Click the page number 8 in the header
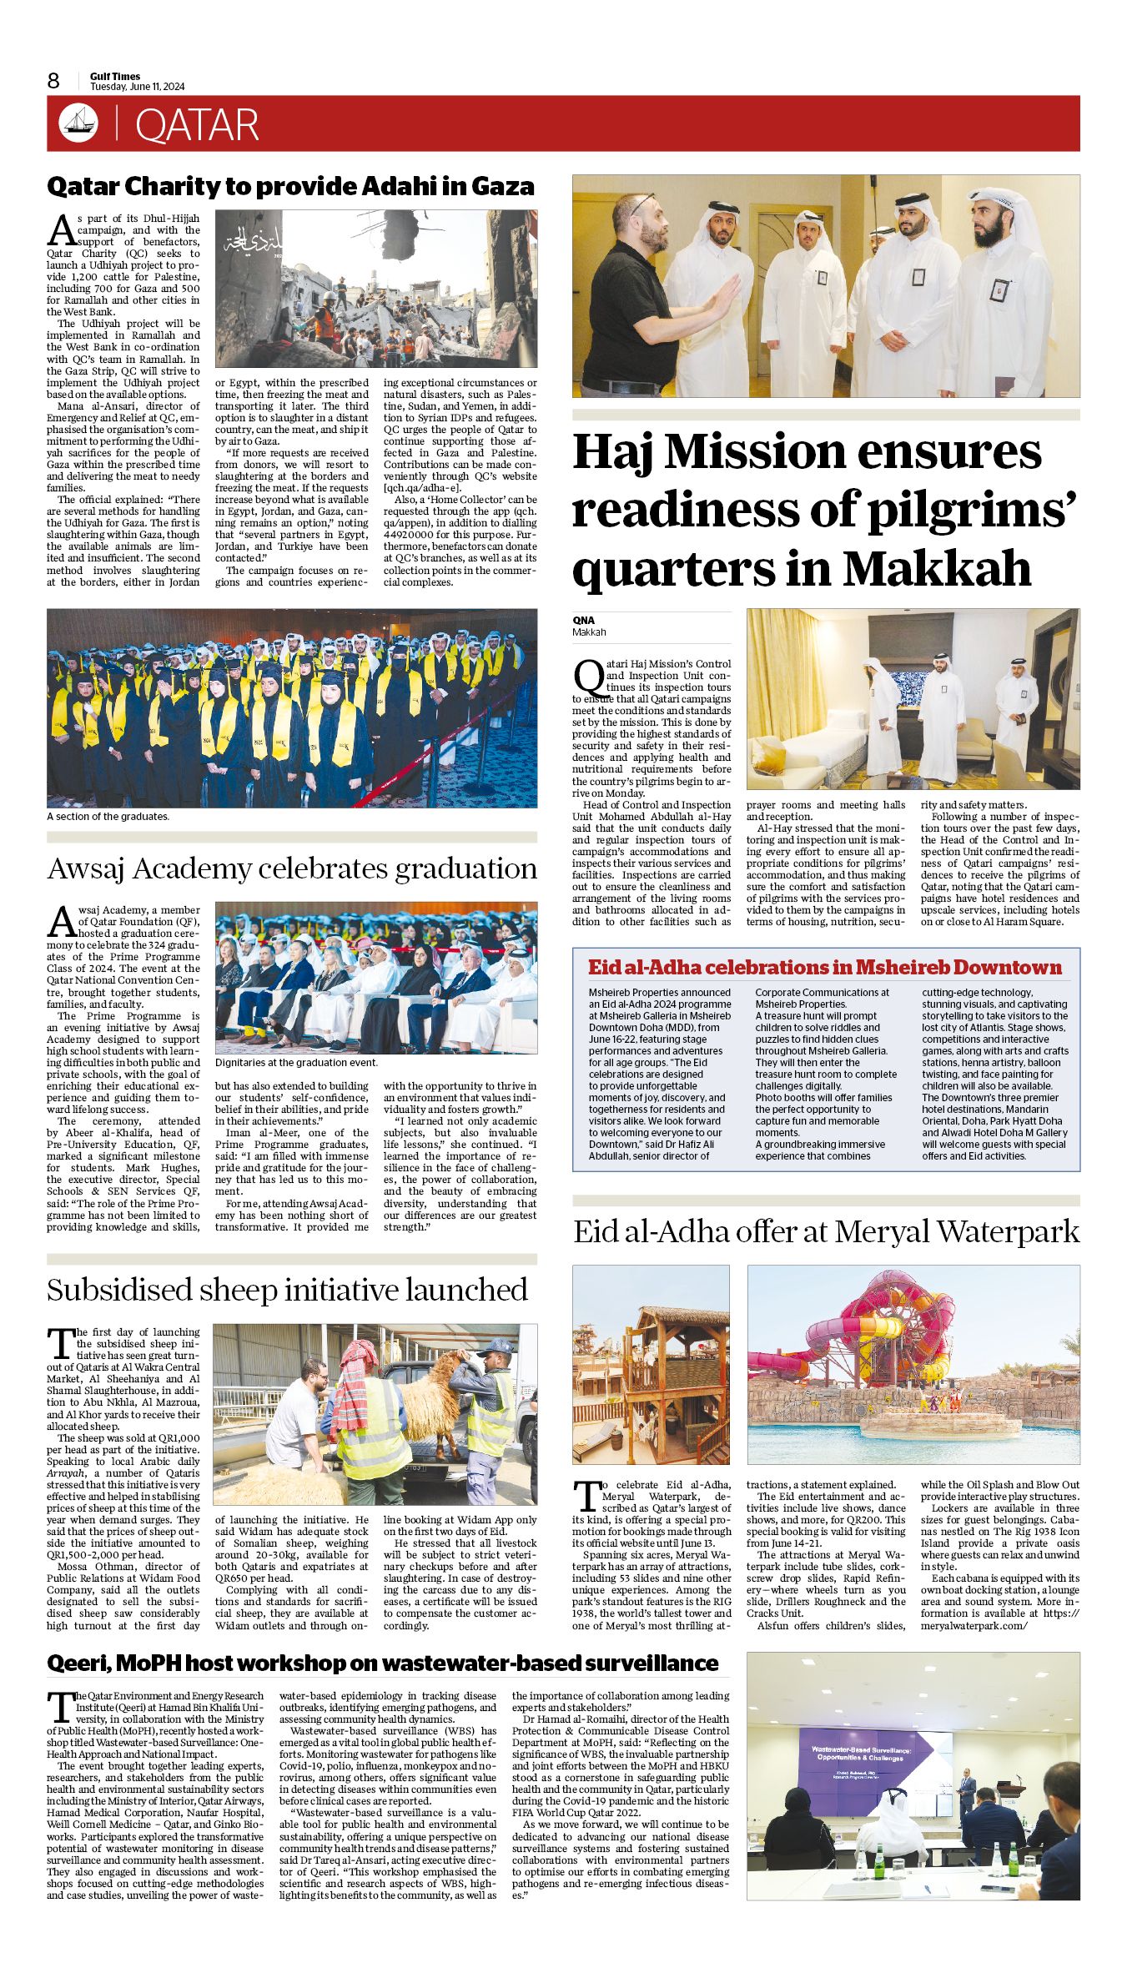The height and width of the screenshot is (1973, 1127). coord(53,80)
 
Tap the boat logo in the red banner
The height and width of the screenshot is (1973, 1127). coord(78,123)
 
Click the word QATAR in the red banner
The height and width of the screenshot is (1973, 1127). coord(197,125)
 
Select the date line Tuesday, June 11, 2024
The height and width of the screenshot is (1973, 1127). coord(138,87)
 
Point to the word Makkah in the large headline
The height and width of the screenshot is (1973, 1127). coord(937,569)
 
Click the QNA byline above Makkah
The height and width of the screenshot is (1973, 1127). coord(583,620)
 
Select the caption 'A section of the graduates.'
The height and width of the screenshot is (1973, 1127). coord(108,816)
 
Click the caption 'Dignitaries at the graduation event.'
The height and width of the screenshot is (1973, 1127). coord(296,1063)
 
